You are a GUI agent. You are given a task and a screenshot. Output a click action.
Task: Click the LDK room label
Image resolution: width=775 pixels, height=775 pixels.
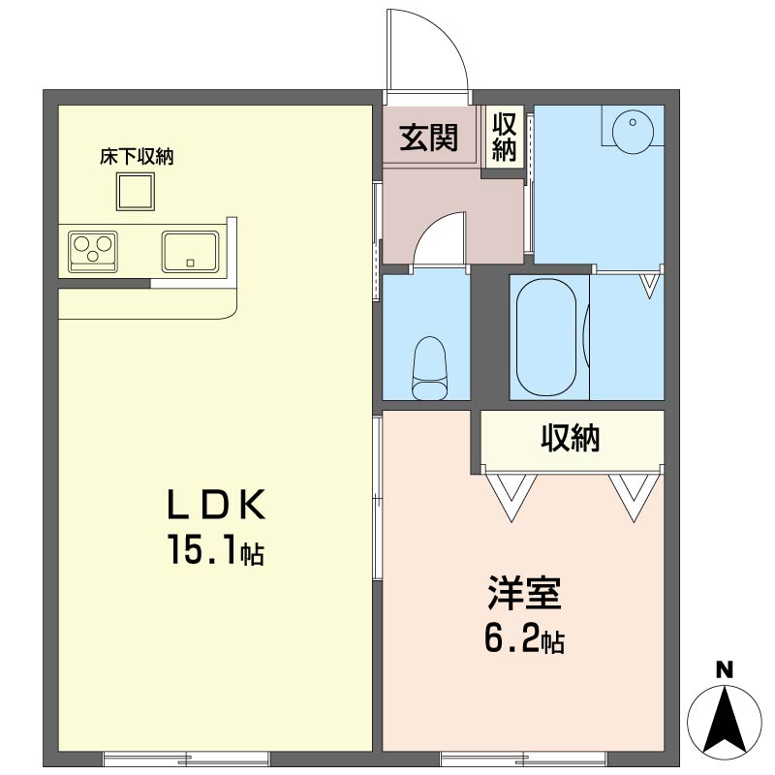point(216,505)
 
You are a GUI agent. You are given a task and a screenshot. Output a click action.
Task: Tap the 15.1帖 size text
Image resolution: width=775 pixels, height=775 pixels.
point(216,549)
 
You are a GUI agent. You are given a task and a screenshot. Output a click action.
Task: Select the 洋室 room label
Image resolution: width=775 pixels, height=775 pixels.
point(524,593)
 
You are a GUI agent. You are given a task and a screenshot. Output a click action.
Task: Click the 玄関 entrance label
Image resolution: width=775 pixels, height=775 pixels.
point(428,137)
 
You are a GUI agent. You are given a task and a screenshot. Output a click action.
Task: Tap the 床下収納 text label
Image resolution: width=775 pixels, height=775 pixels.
point(137,157)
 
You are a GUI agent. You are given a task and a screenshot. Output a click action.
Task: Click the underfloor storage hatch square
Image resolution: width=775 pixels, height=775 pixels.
point(136,191)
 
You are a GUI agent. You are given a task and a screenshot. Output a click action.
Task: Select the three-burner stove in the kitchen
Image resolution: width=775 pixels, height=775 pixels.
point(93,251)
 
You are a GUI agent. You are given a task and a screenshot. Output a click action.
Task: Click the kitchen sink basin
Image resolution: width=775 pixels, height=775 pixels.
point(190,251)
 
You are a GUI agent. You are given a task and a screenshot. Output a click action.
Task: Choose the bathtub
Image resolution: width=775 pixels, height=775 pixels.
point(546,336)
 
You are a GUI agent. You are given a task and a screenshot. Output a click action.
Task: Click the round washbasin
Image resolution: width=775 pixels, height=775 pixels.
point(633,132)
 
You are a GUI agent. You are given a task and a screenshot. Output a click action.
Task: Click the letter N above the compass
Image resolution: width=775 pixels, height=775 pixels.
point(725,670)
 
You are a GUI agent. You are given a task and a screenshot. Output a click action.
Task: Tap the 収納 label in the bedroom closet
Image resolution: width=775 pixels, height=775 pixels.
point(571,438)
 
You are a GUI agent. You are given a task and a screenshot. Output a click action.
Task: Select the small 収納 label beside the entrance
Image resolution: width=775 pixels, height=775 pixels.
point(504,137)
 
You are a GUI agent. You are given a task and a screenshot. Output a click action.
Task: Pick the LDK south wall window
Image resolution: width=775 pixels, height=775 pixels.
point(186,758)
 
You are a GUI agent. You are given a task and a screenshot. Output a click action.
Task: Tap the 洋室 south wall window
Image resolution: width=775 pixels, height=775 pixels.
point(523,758)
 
